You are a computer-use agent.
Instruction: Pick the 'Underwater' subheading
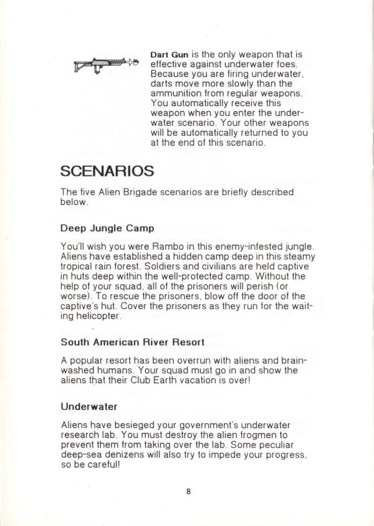click(x=89, y=406)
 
